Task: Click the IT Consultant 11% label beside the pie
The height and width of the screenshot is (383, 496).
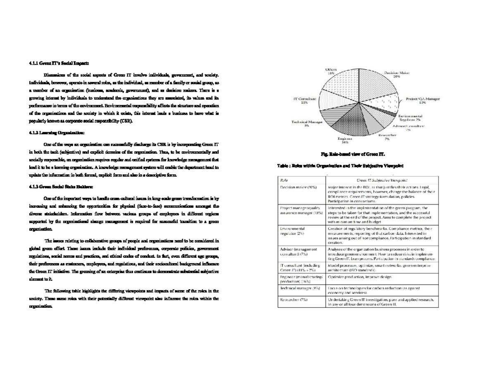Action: coord(305,101)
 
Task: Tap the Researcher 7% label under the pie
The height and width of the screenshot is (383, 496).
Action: coord(388,137)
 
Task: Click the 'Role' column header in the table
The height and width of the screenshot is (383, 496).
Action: coord(284,181)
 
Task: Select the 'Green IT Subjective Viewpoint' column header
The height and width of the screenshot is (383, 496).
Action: coord(382,181)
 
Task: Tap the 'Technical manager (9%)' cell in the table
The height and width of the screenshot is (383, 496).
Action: coord(300,288)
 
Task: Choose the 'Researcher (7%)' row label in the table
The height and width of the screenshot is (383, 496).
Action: coord(294,300)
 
